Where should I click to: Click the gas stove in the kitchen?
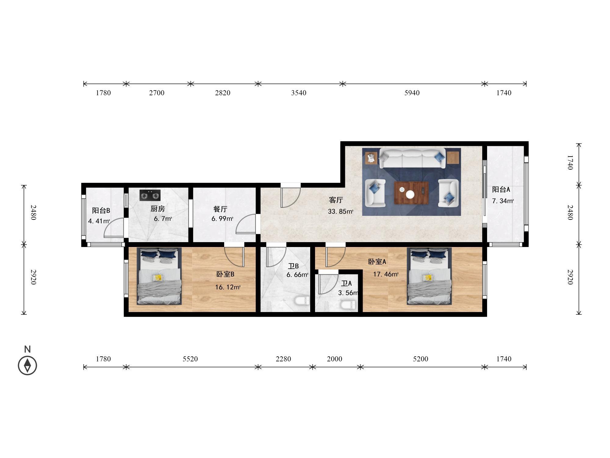[x=150, y=195]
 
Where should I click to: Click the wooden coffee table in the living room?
[x=411, y=193]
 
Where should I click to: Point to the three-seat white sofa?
[x=413, y=158]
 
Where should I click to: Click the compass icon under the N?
[x=27, y=365]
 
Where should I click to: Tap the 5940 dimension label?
[x=412, y=93]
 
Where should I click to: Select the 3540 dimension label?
[x=299, y=93]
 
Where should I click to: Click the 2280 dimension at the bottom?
[x=283, y=359]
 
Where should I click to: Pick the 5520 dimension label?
[x=190, y=359]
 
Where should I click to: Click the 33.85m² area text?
[x=341, y=211]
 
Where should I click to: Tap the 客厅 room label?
[x=336, y=200]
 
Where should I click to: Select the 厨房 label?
[x=158, y=209]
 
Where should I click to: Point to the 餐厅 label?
[x=220, y=209]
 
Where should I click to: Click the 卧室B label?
[x=225, y=274]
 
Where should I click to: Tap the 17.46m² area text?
[x=386, y=274]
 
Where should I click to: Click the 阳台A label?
[x=501, y=189]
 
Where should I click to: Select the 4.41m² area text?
[x=99, y=221]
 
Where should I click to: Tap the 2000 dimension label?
[x=335, y=359]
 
